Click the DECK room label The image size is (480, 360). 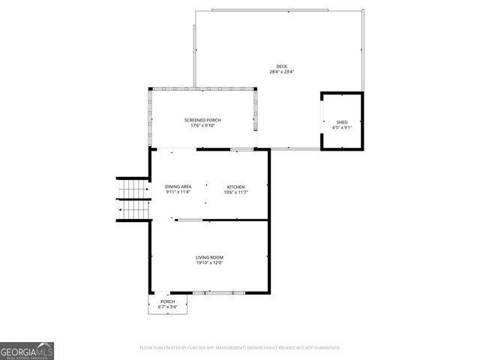[x=281, y=67]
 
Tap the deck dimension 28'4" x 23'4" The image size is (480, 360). [x=281, y=72]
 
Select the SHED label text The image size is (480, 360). [x=342, y=121]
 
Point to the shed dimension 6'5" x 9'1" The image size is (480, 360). [x=342, y=127]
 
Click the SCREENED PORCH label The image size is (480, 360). [x=202, y=120]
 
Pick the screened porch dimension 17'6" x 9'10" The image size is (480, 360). [x=202, y=125]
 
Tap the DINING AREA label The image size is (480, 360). [x=178, y=187]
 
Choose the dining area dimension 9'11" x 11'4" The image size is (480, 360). [x=178, y=192]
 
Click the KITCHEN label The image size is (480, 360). [x=235, y=187]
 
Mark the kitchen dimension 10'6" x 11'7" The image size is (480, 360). [x=235, y=192]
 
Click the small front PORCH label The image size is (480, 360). [x=167, y=301]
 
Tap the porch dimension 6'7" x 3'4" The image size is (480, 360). [x=167, y=307]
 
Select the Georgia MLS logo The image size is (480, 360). [x=27, y=350]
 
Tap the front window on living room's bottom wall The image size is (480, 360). [x=219, y=292]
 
